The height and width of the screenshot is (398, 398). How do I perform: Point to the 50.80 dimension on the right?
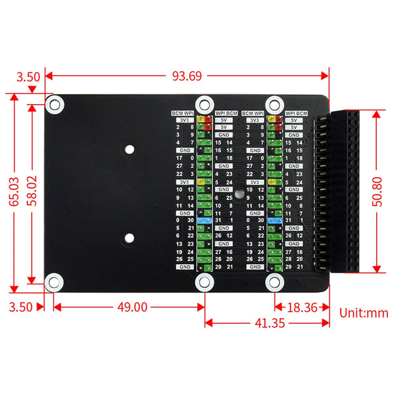tap(378, 192)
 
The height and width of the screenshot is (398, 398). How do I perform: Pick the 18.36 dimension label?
tap(303, 306)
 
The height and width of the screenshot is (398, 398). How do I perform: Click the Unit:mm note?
tap(364, 312)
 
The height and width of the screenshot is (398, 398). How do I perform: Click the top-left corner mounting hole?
tap(55, 103)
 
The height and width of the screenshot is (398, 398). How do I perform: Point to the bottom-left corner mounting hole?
tap(55, 281)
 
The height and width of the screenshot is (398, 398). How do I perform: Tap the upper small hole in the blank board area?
tap(129, 149)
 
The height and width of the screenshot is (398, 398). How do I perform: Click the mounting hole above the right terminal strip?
tap(273, 103)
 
